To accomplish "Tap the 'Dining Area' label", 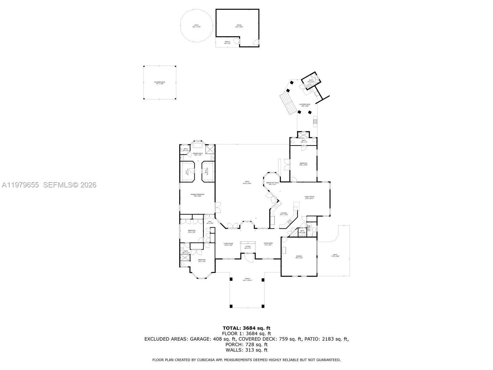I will click(x=268, y=244).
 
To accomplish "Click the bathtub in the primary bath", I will click(x=198, y=145).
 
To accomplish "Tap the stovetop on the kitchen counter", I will click(x=290, y=221).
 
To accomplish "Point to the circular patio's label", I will click(x=196, y=26).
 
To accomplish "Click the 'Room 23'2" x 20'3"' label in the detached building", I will click(x=239, y=26).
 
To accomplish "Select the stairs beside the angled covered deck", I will click(x=287, y=104).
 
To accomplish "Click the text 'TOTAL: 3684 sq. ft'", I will click(x=246, y=328).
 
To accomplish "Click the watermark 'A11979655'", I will click(x=20, y=185).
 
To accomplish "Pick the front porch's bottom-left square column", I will click(x=231, y=306).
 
